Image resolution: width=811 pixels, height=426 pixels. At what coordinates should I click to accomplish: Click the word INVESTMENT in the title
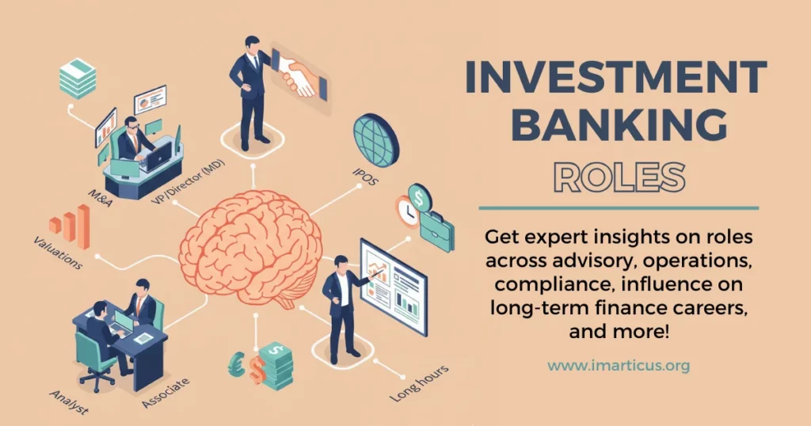(615, 79)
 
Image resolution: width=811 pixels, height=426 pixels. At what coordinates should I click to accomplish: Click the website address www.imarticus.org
(618, 366)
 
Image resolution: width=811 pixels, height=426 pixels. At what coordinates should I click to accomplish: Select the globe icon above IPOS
(375, 138)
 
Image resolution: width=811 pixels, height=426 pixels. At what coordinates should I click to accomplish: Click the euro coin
(237, 365)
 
